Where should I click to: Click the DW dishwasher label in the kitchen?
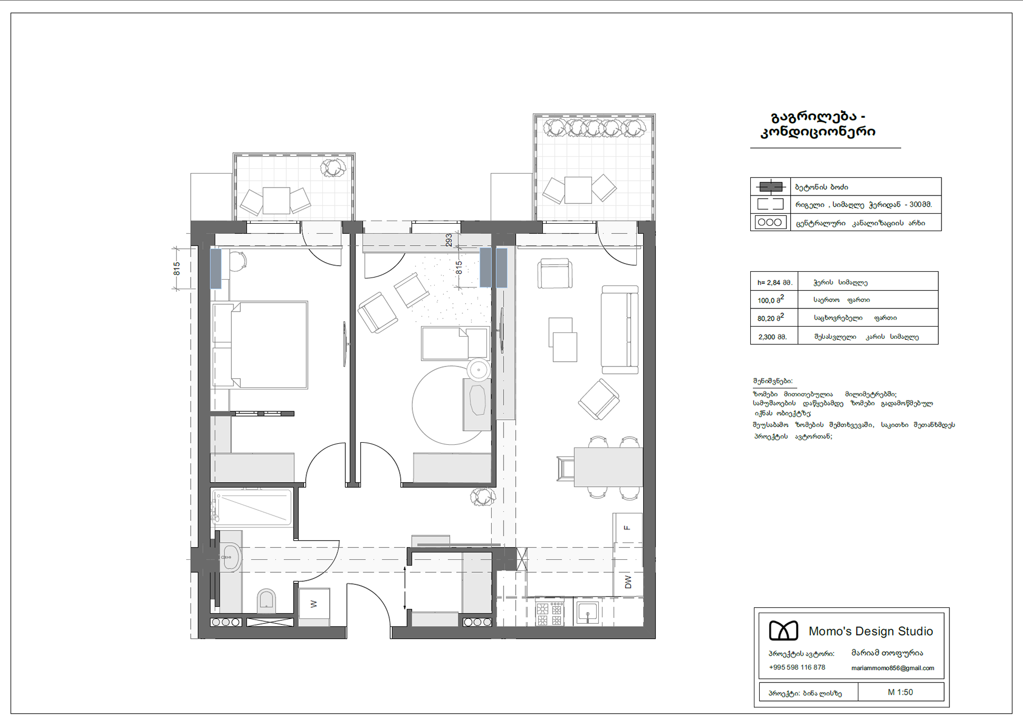(628, 582)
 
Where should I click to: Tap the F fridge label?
(627, 528)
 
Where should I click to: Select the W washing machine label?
(314, 604)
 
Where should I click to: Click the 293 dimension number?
(449, 240)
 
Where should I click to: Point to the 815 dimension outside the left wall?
(177, 268)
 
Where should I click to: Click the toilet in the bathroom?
(266, 600)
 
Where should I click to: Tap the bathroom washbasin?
(230, 557)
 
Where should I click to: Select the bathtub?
(252, 508)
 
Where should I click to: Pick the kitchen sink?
(587, 613)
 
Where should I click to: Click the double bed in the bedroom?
(260, 345)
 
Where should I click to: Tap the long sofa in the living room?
(620, 330)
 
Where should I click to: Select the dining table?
(608, 467)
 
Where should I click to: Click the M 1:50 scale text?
(900, 692)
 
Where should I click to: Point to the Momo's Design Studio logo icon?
(783, 631)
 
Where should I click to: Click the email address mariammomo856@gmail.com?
(892, 668)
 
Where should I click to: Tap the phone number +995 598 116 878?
(797, 667)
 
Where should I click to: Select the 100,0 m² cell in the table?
(770, 299)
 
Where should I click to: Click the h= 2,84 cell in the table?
(775, 282)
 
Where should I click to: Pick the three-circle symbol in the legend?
(770, 222)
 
